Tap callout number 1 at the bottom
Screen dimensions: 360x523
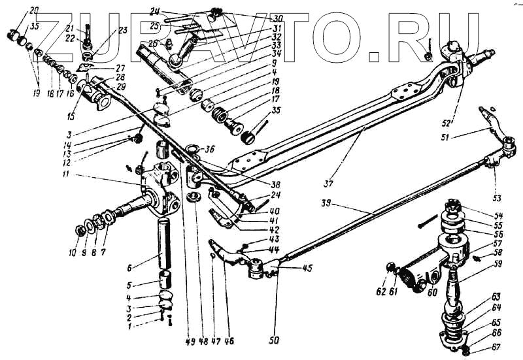[x=130, y=325]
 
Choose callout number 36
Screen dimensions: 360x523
[x=211, y=149]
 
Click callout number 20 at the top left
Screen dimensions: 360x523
[x=35, y=9]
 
